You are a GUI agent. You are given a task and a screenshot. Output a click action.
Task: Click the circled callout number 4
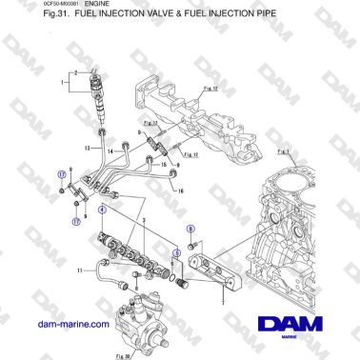click(102, 209)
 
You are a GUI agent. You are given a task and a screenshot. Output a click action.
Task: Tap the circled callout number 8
click(190, 230)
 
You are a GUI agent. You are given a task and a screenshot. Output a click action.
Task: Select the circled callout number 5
click(175, 252)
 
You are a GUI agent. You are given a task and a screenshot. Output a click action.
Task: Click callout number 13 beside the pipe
click(87, 148)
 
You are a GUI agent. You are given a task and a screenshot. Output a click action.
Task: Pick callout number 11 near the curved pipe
click(80, 271)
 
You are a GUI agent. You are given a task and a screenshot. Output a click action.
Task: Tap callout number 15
click(163, 164)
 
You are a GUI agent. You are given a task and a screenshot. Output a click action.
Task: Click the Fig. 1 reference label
click(283, 151)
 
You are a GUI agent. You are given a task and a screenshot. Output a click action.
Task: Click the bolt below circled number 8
click(193, 246)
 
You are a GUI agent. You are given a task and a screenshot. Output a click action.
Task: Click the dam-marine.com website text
click(72, 324)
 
